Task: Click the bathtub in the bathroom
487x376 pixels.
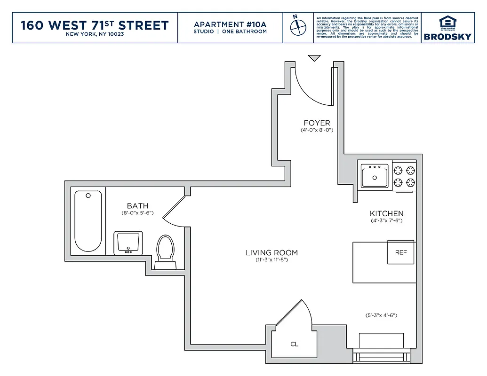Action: (88, 221)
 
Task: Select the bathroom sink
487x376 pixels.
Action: (127, 243)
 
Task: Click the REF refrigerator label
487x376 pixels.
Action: (401, 252)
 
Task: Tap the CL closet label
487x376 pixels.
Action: (294, 344)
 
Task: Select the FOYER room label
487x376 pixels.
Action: (317, 123)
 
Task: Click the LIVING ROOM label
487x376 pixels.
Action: (271, 253)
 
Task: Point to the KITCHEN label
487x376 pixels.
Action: (386, 213)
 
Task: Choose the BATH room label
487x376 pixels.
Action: (137, 206)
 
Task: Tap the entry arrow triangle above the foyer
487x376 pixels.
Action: (314, 58)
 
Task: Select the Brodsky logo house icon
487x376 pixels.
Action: (447, 22)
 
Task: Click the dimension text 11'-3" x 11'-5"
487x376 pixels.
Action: (271, 260)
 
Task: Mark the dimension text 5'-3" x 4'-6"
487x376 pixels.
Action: (381, 315)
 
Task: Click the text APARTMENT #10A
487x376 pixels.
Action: (230, 24)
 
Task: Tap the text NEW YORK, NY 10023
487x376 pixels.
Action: (95, 34)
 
